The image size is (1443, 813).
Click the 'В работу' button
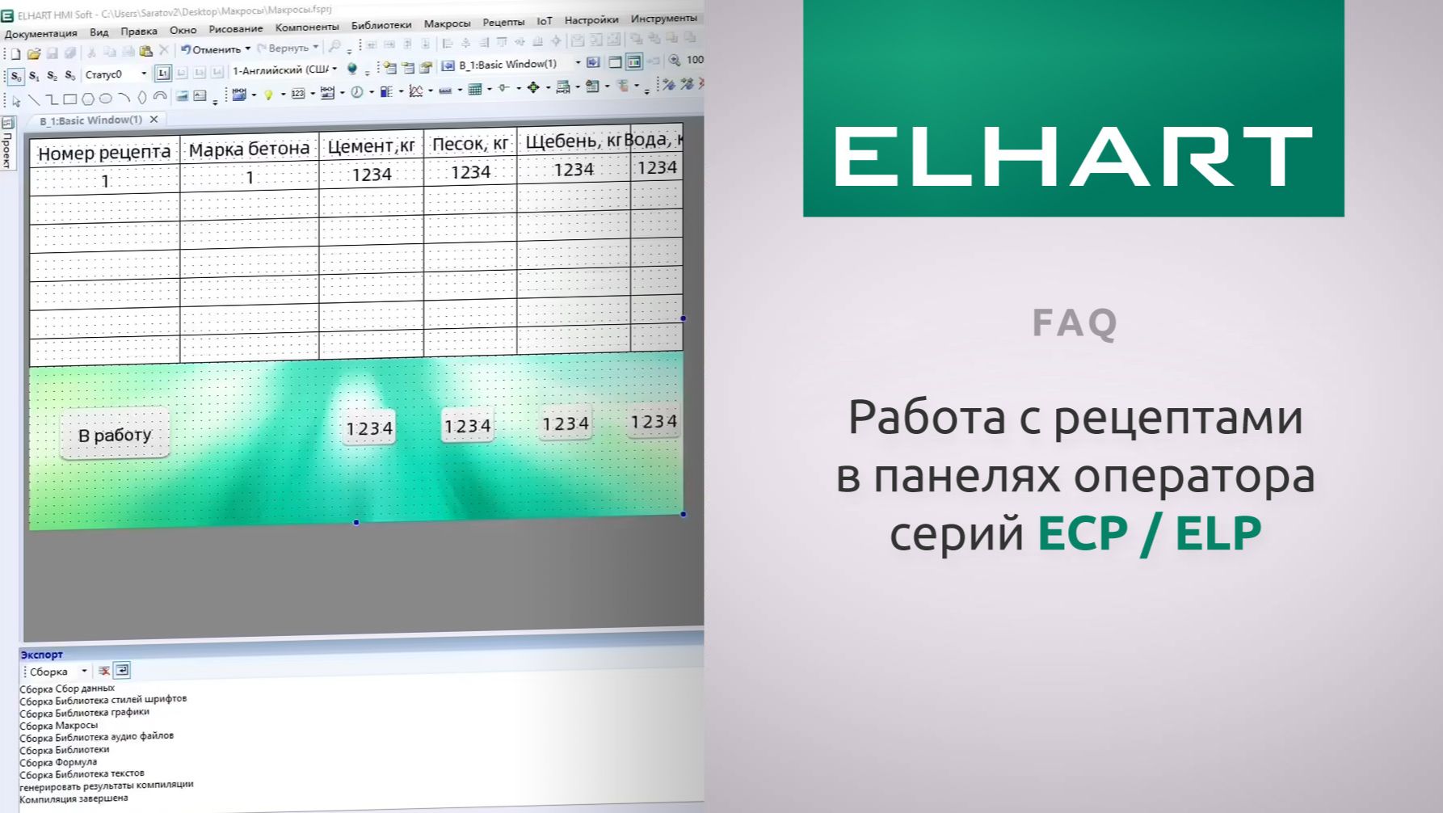point(115,435)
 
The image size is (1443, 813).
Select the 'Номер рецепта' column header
point(104,153)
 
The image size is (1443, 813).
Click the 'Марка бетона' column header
point(249,150)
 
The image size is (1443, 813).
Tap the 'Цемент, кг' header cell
point(371,146)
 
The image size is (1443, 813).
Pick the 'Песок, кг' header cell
point(470,144)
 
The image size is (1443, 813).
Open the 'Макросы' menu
point(447,23)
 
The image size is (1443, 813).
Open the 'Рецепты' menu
point(503,22)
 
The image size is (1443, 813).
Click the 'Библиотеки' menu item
point(381,25)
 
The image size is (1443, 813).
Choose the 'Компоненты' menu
point(307,27)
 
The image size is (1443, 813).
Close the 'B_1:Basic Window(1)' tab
point(154,120)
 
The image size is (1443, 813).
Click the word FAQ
point(1074,322)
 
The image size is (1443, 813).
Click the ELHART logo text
point(1073,157)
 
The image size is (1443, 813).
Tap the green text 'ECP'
point(1083,533)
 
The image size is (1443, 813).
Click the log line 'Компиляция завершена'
point(74,798)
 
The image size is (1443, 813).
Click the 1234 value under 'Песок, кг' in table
point(470,172)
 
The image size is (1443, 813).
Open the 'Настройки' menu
point(591,20)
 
